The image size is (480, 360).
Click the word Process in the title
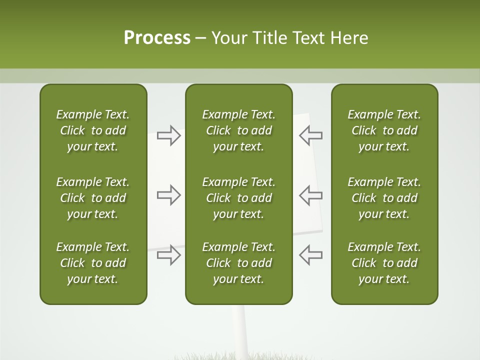click(157, 38)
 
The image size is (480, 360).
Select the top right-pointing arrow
click(169, 135)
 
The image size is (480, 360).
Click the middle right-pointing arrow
click(169, 195)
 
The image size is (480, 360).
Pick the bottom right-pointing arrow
click(169, 255)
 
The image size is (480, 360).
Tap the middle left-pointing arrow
click(310, 195)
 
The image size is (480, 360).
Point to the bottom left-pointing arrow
click(310, 255)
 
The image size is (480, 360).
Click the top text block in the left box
click(93, 130)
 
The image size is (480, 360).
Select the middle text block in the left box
click(93, 198)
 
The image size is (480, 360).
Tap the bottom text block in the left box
click(93, 263)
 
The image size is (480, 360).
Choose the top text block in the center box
click(238, 130)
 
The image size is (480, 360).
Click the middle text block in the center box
click(238, 198)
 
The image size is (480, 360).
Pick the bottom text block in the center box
click(238, 263)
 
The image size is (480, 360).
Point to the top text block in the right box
click(384, 130)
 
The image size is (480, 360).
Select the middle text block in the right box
click(384, 198)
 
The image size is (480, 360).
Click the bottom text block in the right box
click(384, 263)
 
